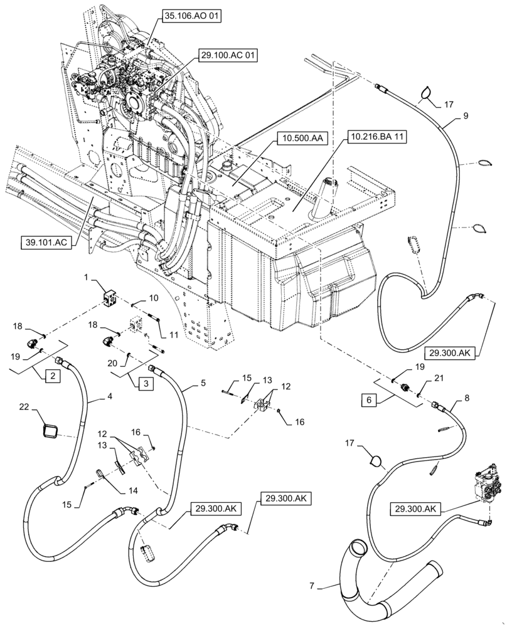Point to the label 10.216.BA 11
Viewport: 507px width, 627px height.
(375, 136)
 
